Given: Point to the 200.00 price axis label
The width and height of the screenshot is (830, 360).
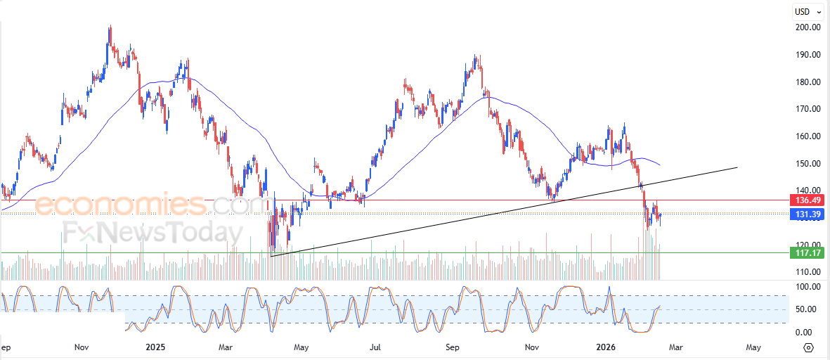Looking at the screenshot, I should click(x=807, y=27).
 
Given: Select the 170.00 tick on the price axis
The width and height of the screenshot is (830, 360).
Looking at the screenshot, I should click(x=807, y=109).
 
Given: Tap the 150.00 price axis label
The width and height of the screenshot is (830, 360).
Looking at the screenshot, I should click(x=807, y=163).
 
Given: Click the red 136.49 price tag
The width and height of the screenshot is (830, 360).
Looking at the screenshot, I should click(x=806, y=200).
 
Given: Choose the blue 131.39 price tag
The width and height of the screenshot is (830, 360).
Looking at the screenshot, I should click(x=806, y=214).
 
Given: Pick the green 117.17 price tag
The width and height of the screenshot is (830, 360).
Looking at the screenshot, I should click(x=806, y=252).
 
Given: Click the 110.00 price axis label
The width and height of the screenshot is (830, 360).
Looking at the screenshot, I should click(x=807, y=271).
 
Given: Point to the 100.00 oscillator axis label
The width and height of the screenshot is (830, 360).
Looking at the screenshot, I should click(x=807, y=287).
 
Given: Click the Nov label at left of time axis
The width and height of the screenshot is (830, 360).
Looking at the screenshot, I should click(x=82, y=347).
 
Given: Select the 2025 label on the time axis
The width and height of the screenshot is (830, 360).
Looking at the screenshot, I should click(x=155, y=347).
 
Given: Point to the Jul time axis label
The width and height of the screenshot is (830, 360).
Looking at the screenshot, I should click(x=376, y=347).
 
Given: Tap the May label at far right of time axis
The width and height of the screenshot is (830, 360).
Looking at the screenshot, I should click(x=753, y=347).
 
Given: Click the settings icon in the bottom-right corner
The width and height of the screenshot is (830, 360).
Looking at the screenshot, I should click(x=808, y=347).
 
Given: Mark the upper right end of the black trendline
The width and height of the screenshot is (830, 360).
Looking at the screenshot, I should click(x=737, y=167).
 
